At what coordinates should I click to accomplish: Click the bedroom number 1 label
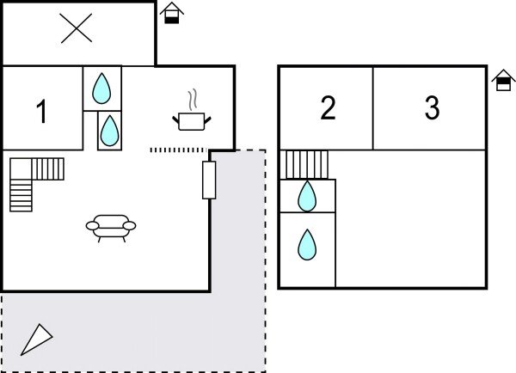[42, 111]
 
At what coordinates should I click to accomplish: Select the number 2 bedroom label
[328, 107]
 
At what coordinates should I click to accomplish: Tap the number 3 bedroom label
[432, 107]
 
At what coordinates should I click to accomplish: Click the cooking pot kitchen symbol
[192, 121]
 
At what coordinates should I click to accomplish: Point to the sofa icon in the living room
[111, 228]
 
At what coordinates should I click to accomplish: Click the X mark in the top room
[77, 28]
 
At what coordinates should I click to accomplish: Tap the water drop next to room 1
[101, 89]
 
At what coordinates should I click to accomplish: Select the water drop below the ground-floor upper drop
[109, 131]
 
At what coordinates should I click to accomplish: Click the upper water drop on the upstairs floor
[307, 196]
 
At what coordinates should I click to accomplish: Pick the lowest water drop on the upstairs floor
[307, 245]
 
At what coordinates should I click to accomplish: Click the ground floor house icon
[172, 13]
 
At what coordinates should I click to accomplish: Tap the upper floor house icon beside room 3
[503, 80]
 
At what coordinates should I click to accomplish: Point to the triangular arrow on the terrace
[36, 339]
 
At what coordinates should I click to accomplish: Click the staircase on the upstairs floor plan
[307, 164]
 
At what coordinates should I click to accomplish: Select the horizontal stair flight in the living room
[48, 169]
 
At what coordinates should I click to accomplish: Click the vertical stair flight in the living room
[21, 195]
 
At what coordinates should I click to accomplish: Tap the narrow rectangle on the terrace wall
[209, 180]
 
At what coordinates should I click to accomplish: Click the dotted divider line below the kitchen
[178, 150]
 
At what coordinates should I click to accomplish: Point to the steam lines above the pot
[193, 100]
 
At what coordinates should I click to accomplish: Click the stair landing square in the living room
[21, 169]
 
